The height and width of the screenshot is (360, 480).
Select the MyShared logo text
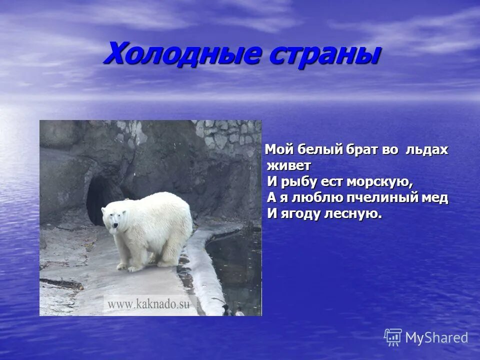click(436, 337)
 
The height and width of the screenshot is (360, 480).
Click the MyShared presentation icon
click(393, 337)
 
